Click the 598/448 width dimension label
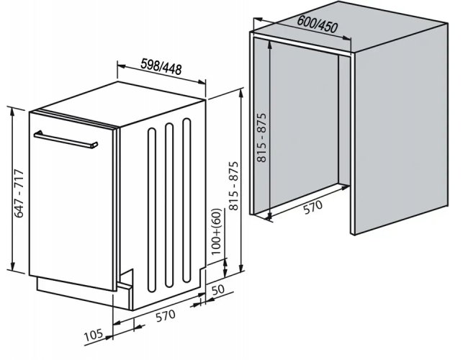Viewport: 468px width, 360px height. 161,68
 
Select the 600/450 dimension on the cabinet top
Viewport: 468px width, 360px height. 317,27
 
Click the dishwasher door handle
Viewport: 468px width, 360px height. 66,138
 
